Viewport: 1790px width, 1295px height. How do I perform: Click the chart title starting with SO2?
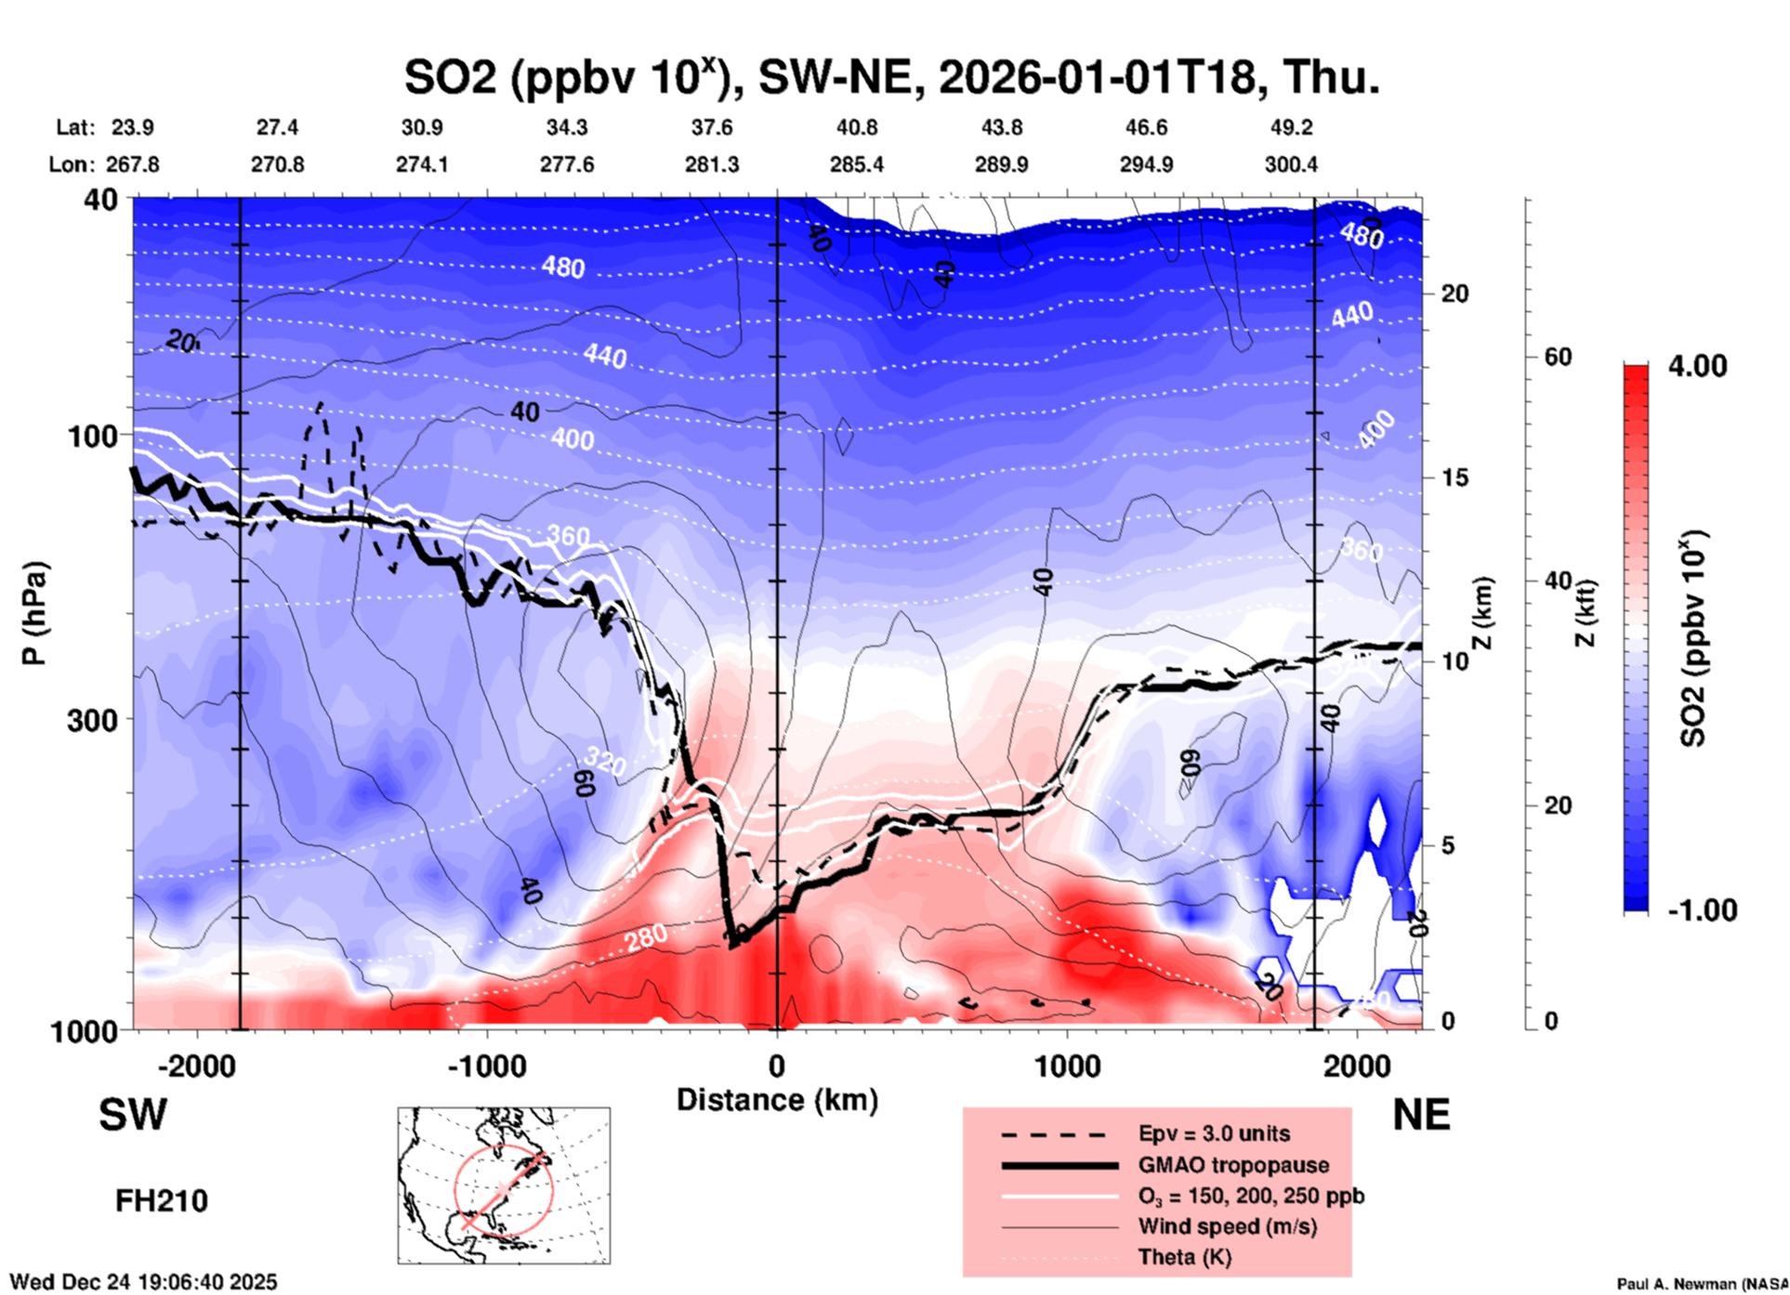coord(891,76)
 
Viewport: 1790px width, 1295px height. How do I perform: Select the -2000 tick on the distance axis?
coord(196,1066)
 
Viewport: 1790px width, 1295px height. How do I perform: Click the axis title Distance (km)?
coord(777,1100)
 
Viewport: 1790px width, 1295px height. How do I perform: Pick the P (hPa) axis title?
coord(33,612)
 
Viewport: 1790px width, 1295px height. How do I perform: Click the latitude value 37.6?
coord(711,127)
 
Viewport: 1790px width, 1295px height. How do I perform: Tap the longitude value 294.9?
coord(1145,164)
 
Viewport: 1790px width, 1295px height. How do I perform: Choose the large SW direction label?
coord(133,1115)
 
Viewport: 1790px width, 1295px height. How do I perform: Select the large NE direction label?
coord(1421,1115)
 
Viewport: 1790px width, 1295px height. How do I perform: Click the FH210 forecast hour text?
coord(162,1201)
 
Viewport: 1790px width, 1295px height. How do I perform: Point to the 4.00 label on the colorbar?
coord(1697,366)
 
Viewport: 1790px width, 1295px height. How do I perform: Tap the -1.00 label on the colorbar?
coord(1702,910)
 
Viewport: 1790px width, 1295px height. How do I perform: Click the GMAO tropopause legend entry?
coord(1233,1165)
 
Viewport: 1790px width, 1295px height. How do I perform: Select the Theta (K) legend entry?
coord(1184,1257)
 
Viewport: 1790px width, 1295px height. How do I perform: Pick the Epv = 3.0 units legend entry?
coord(1214,1133)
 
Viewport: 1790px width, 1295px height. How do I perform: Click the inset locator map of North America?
coord(504,1185)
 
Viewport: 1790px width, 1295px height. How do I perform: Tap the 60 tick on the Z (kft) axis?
coord(1558,357)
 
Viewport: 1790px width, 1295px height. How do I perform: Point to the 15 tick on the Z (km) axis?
coord(1454,477)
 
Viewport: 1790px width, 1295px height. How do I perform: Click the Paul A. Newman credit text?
coord(1702,1284)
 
